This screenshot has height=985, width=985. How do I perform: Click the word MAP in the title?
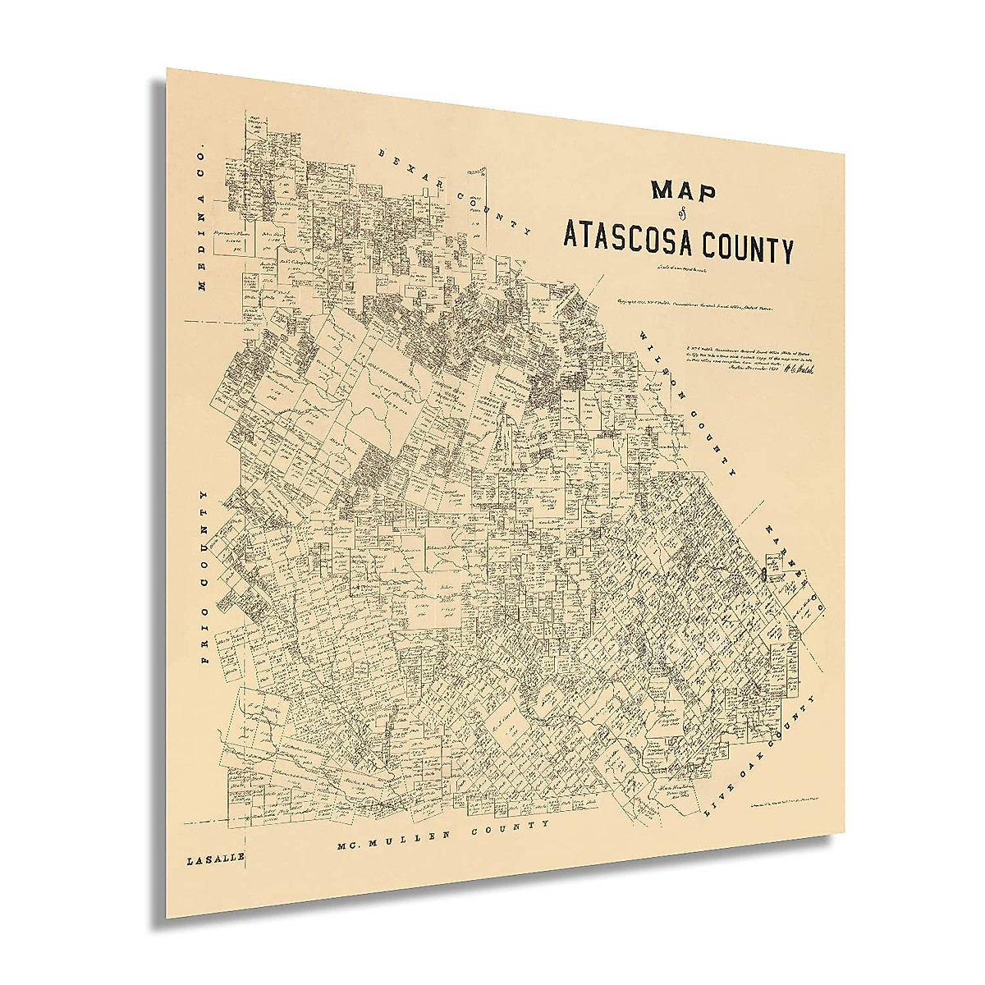[x=684, y=191]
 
